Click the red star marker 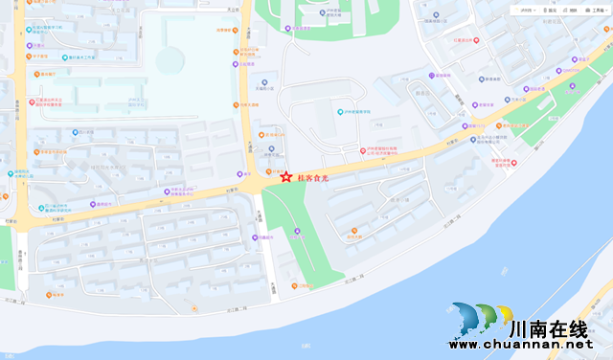click(285, 176)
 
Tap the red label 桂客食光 click(312, 177)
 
